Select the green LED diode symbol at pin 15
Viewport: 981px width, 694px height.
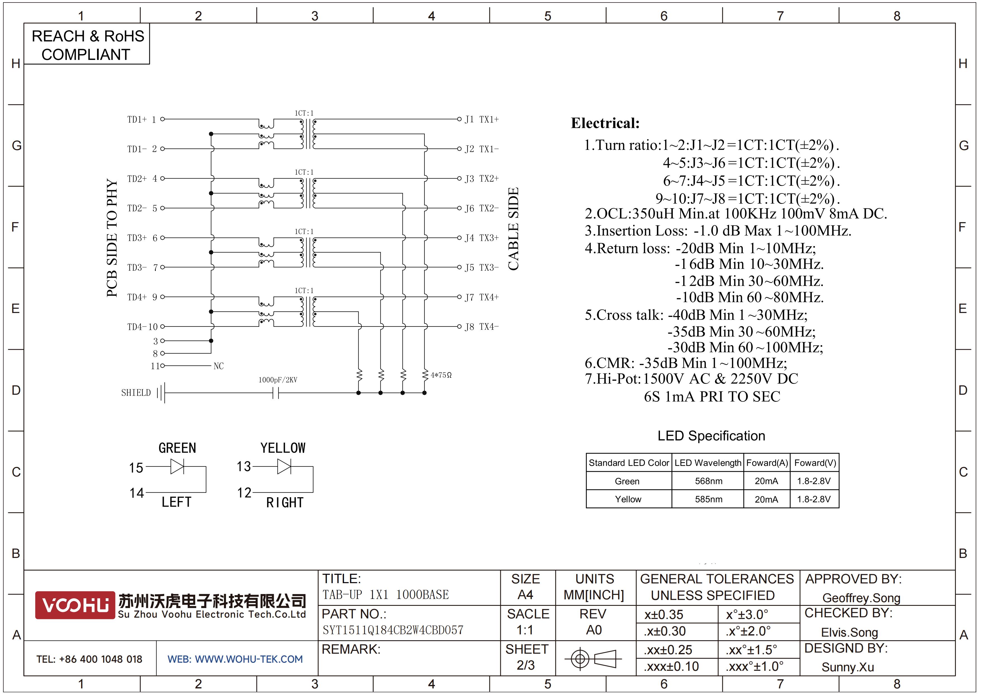coord(177,466)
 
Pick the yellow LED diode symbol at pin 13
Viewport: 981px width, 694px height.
coord(284,466)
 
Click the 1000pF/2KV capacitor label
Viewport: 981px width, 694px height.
coord(278,380)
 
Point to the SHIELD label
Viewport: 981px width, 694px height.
coord(136,392)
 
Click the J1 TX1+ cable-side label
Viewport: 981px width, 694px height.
coord(482,119)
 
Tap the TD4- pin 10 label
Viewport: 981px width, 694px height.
coord(142,327)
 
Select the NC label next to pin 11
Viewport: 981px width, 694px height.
coord(218,366)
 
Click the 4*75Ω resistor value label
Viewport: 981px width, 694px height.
coord(441,375)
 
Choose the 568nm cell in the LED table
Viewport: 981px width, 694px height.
coord(708,481)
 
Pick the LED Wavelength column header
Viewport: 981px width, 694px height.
coord(708,463)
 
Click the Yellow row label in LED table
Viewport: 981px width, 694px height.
coord(628,499)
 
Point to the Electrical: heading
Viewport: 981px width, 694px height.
coord(605,123)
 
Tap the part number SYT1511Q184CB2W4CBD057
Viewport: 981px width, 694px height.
coord(393,630)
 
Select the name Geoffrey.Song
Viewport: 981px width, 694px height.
coord(861,598)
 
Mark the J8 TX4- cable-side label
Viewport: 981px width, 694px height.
coord(482,327)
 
